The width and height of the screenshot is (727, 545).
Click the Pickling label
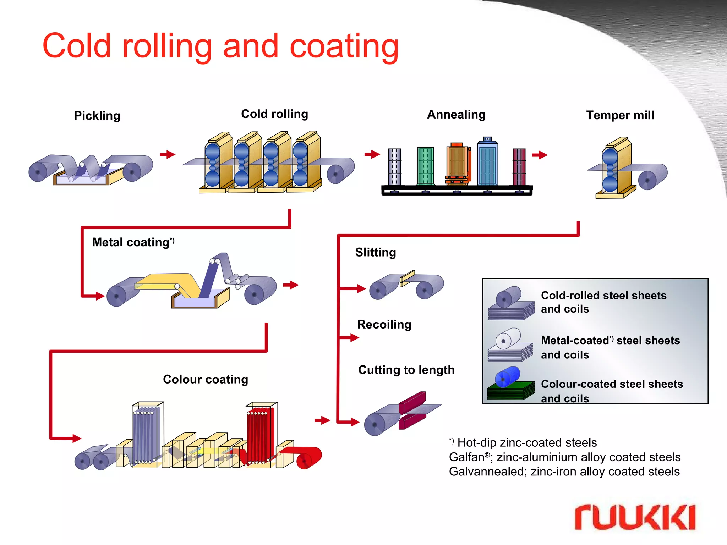point(97,116)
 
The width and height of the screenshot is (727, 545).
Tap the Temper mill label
point(620,115)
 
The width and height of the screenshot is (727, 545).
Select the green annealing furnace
point(426,166)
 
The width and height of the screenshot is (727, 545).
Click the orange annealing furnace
point(457,164)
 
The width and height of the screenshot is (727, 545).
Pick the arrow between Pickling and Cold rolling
point(168,154)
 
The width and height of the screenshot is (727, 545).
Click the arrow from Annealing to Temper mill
point(540,155)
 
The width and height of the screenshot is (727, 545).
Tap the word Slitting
point(376,252)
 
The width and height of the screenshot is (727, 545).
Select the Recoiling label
point(384,324)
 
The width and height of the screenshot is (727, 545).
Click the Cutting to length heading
point(406,370)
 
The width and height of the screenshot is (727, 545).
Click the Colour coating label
point(205,379)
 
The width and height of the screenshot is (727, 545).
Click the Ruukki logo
point(635,517)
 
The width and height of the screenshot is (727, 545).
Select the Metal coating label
point(131,242)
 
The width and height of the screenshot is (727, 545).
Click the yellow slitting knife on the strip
point(407,278)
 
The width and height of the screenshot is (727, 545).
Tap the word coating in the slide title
point(344,46)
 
